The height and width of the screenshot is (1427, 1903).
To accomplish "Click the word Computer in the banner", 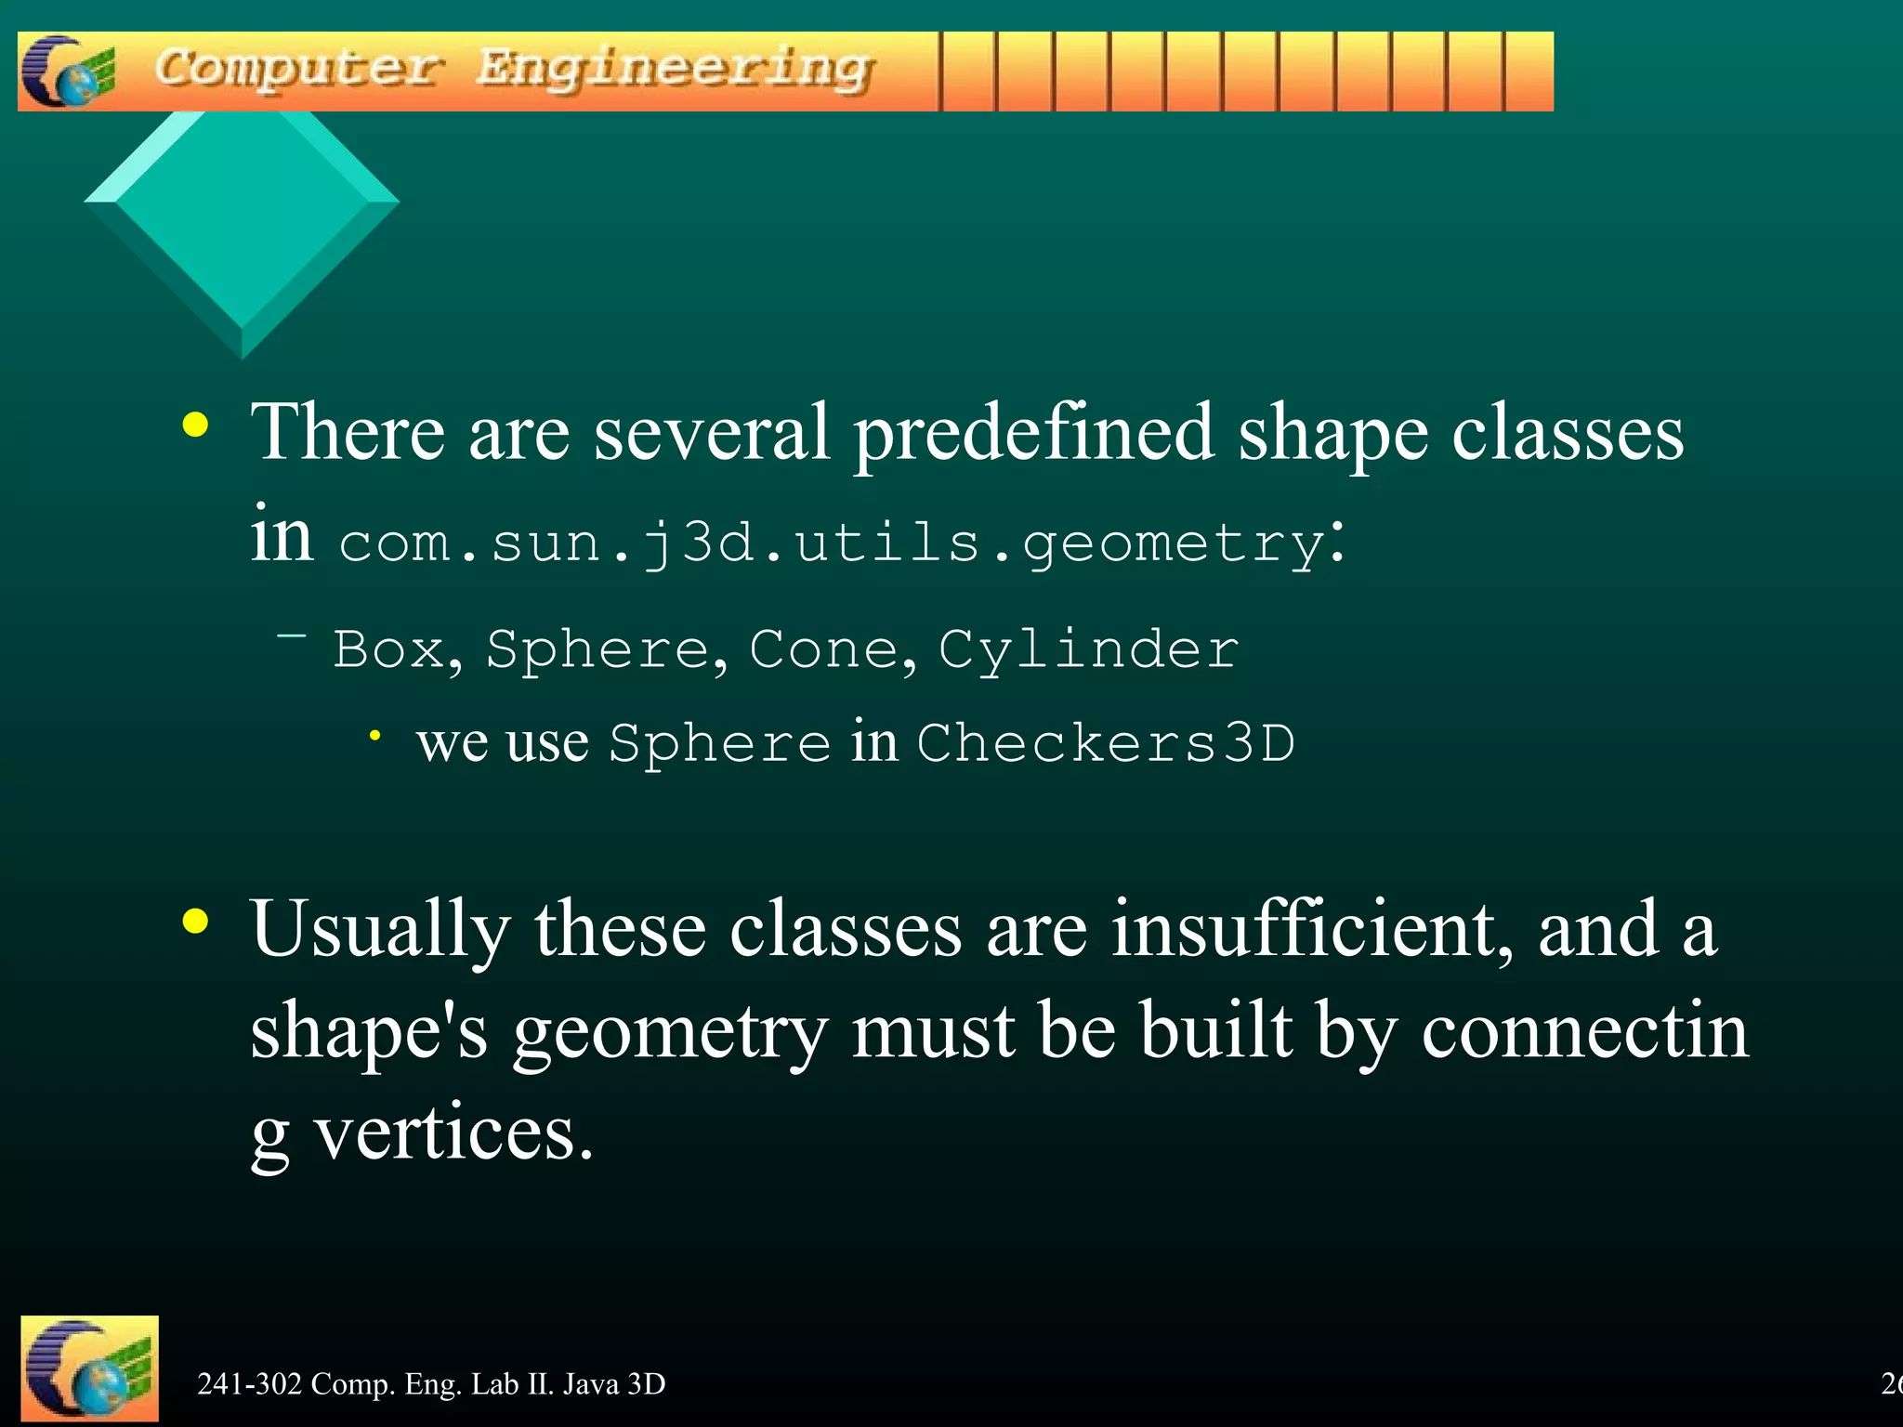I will (297, 69).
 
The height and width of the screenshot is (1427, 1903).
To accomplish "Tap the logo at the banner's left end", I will (68, 72).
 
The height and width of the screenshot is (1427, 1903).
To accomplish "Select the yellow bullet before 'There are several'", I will (195, 425).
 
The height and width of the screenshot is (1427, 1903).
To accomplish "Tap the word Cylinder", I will (1088, 650).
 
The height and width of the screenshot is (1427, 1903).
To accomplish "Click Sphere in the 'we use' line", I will (719, 743).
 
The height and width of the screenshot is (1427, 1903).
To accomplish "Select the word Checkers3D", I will (1106, 743).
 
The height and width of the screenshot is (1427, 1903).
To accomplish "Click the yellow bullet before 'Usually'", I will (195, 922).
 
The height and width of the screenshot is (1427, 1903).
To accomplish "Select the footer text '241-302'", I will (249, 1384).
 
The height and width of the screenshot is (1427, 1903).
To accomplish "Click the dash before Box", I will (292, 636).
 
